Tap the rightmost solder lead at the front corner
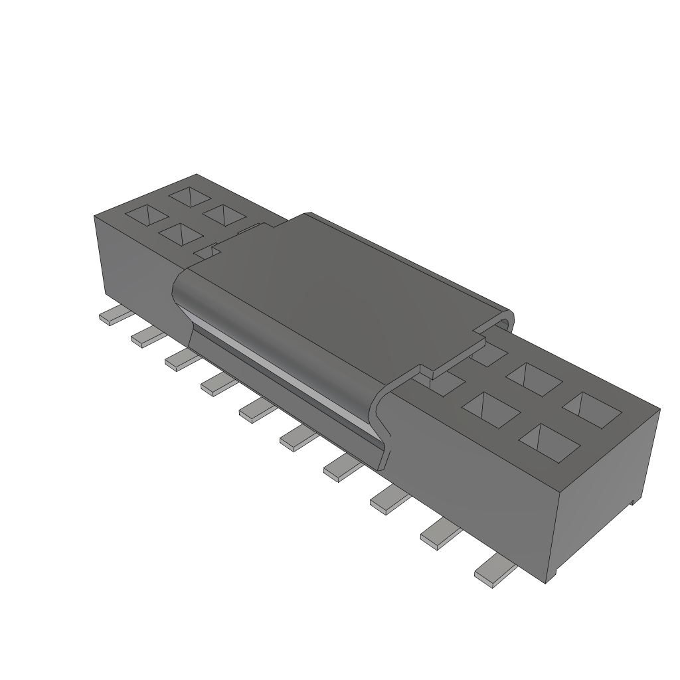click(494, 572)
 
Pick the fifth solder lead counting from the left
click(255, 410)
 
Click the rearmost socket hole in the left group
click(189, 196)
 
